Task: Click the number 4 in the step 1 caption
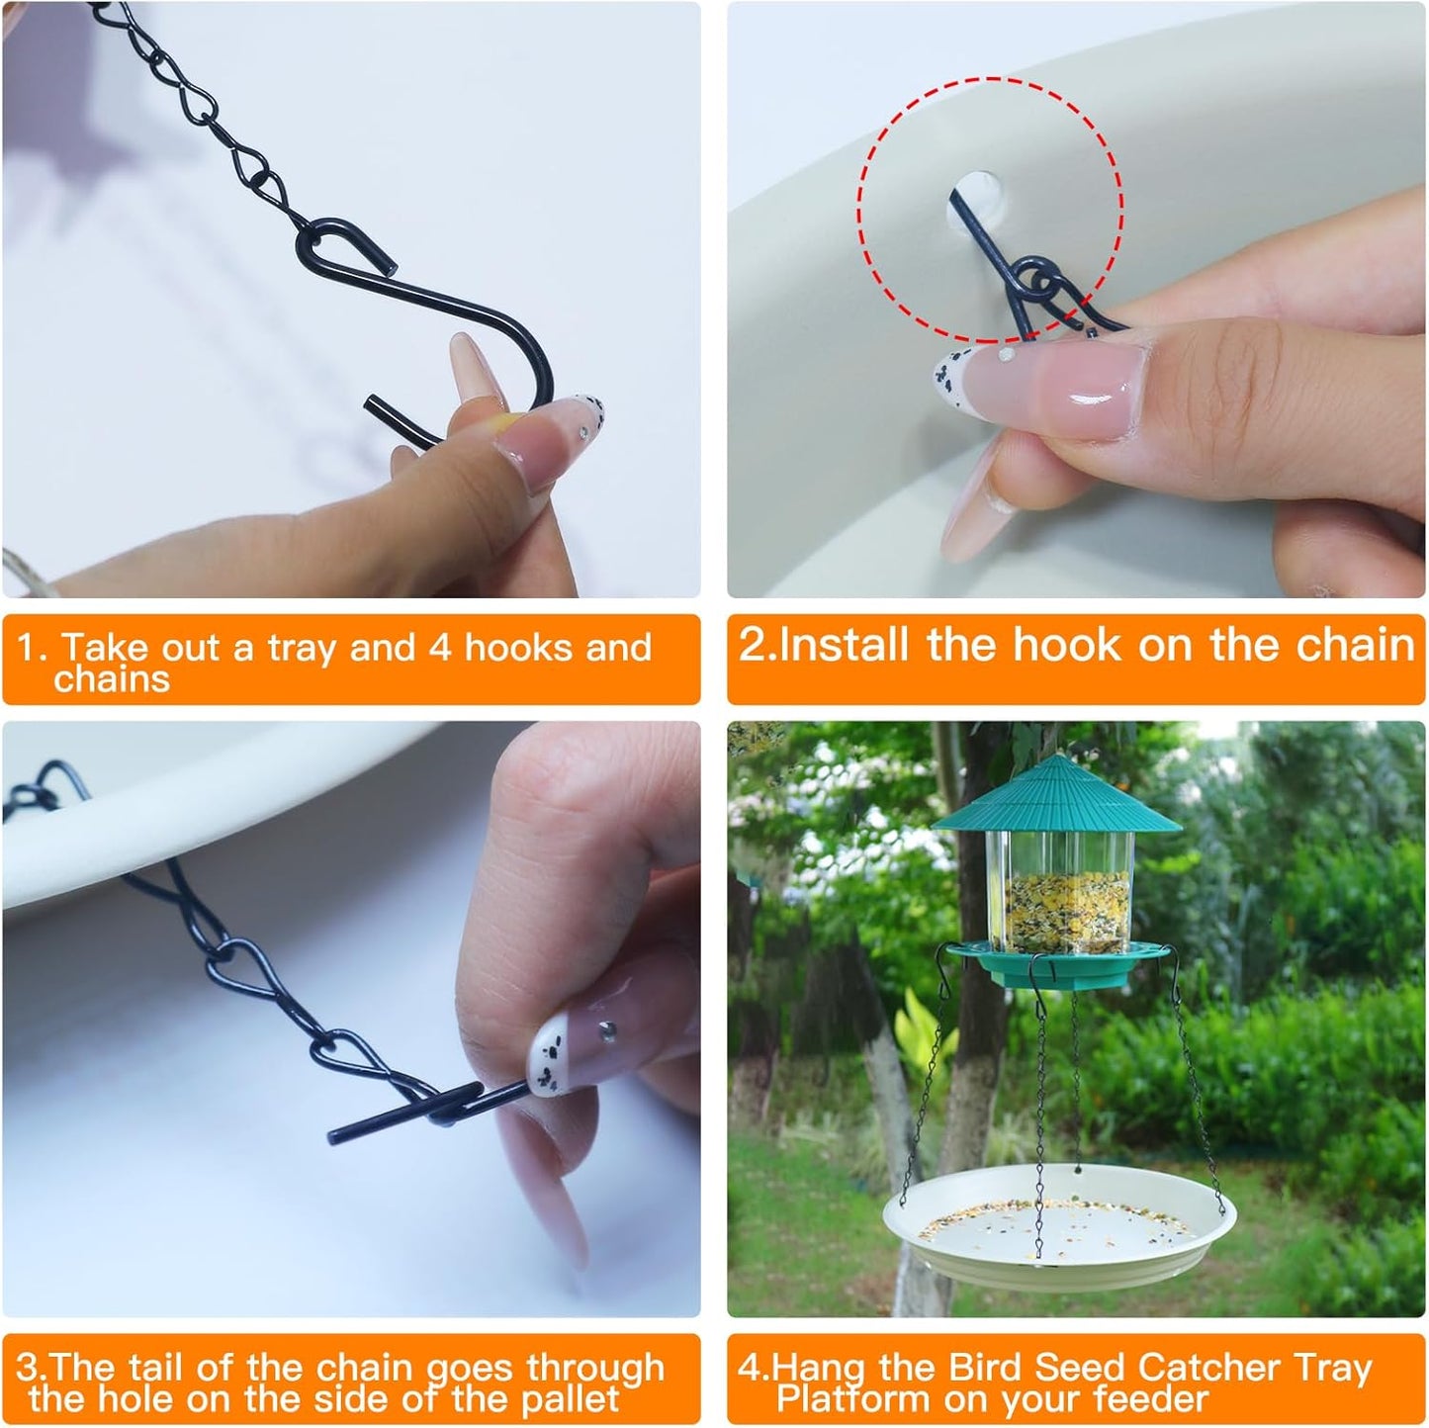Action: (x=441, y=648)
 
